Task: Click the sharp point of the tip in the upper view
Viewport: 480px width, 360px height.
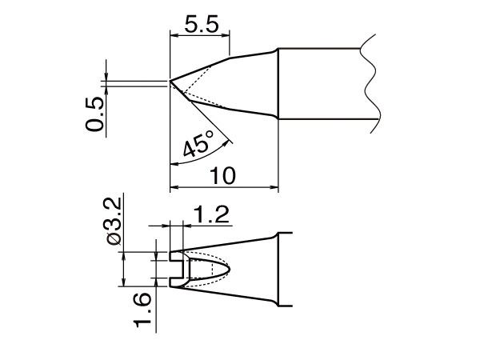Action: pos(170,81)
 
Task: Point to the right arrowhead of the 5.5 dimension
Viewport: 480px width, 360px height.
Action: pos(226,34)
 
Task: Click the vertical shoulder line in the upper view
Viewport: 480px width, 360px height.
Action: pos(278,84)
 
